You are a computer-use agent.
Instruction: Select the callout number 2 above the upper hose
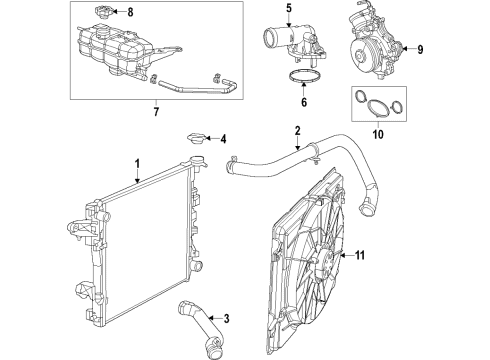(297, 130)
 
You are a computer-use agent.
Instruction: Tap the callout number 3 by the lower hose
(227, 319)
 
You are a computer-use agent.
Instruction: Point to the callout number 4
(223, 139)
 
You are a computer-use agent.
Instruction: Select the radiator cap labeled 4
(196, 140)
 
